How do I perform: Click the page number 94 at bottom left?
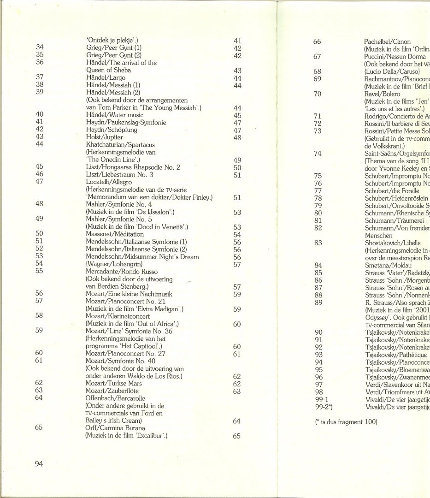tap(39, 464)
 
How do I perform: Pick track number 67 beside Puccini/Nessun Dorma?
tap(317, 57)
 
